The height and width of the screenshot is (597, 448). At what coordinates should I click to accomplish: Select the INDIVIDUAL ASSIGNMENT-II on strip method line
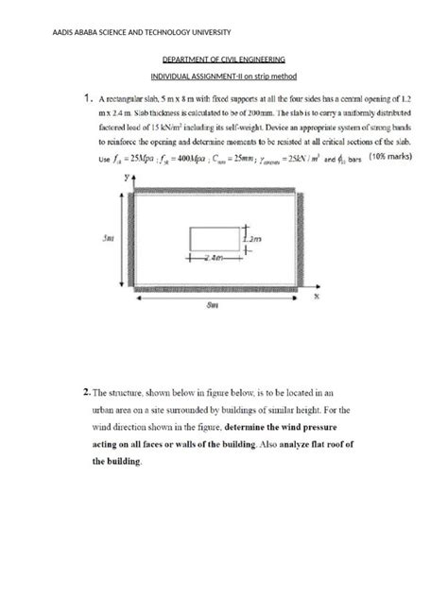coord(224,77)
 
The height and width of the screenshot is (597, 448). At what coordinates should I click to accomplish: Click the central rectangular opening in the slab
coord(215,238)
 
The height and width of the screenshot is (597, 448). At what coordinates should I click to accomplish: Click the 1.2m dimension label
coord(254,240)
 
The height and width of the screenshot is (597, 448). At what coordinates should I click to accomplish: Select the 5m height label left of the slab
coord(109,239)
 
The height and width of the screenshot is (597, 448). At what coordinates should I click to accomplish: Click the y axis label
coord(124,178)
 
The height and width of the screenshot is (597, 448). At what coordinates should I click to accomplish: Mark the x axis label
coord(319,296)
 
